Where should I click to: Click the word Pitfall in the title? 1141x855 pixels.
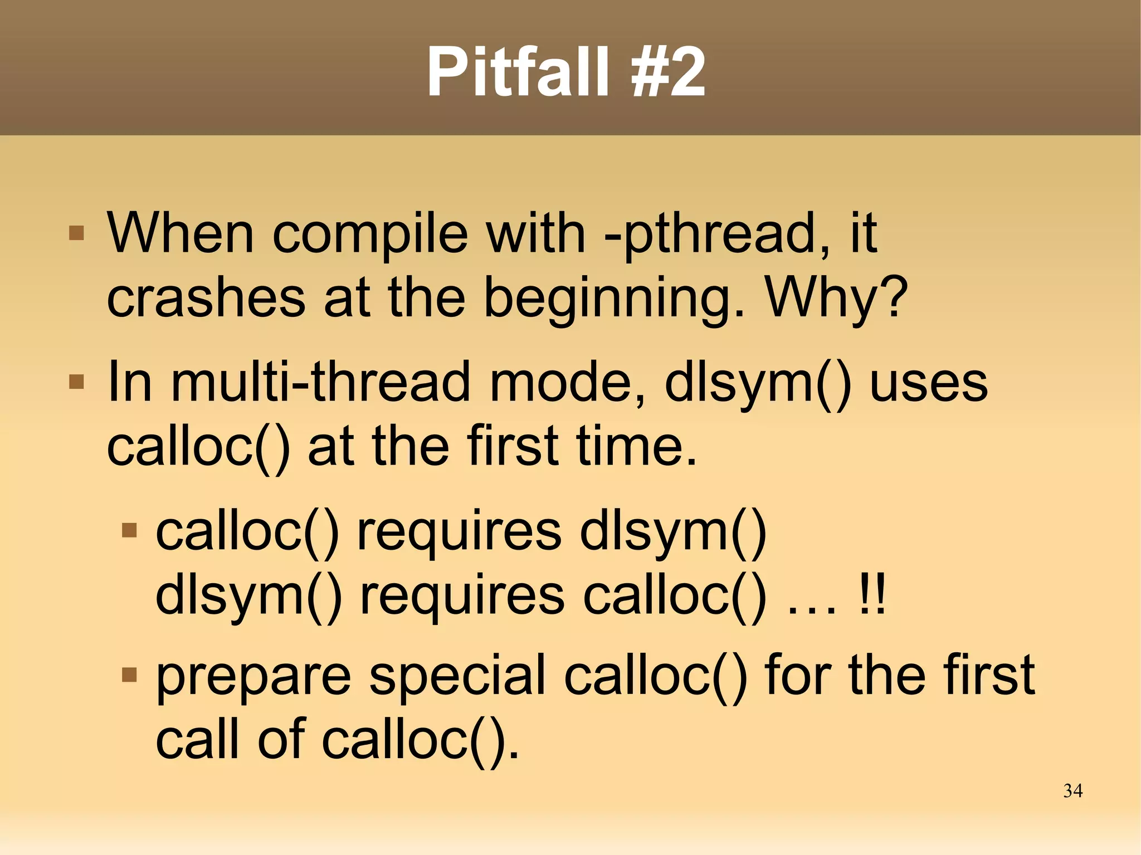click(518, 72)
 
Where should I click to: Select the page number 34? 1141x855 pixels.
click(1072, 791)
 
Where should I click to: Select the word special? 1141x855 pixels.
click(457, 677)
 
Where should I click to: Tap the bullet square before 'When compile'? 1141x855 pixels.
click(76, 232)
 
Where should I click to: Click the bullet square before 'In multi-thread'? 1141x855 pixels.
click(76, 382)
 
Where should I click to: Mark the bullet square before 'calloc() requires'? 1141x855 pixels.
click(129, 530)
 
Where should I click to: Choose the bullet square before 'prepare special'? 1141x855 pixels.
click(129, 675)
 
